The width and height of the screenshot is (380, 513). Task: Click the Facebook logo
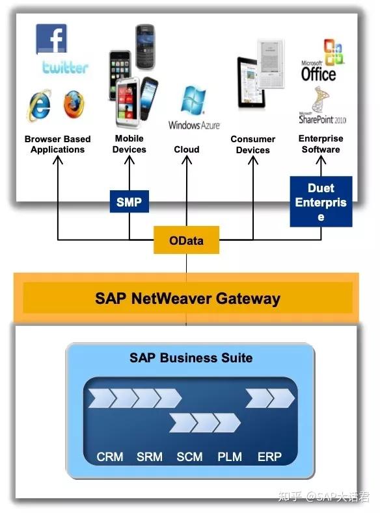pyautogui.click(x=51, y=39)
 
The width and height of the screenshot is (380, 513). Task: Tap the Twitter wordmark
pyautogui.click(x=66, y=67)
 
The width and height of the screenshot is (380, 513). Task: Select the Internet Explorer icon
pyautogui.click(x=39, y=105)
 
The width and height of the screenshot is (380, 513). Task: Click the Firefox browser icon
pyautogui.click(x=74, y=105)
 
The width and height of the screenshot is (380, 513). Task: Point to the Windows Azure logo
pyautogui.click(x=193, y=108)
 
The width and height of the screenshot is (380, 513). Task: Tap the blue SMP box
pyautogui.click(x=129, y=203)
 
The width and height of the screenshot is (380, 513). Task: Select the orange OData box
pyautogui.click(x=186, y=240)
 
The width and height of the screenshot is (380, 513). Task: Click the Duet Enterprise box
pyautogui.click(x=321, y=201)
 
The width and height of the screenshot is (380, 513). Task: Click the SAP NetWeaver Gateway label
pyautogui.click(x=187, y=299)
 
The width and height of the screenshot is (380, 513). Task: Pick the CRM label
pyautogui.click(x=110, y=457)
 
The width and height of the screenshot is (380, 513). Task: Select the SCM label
pyautogui.click(x=190, y=457)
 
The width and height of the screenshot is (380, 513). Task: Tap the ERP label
pyautogui.click(x=269, y=457)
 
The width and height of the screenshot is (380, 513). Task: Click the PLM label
pyautogui.click(x=230, y=457)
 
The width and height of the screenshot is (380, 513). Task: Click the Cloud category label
pyautogui.click(x=187, y=149)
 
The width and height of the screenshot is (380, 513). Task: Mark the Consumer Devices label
pyautogui.click(x=252, y=145)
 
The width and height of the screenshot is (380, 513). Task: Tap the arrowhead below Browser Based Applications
pyautogui.click(x=58, y=160)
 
